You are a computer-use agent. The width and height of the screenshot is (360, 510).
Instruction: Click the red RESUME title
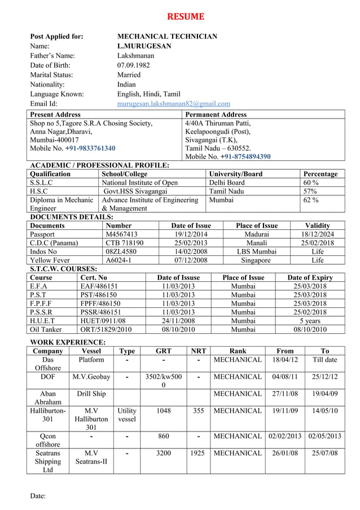tap(185, 16)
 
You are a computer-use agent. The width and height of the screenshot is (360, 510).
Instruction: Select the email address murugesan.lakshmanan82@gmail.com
tap(173, 104)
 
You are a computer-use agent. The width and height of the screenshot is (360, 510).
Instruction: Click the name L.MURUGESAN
tap(144, 46)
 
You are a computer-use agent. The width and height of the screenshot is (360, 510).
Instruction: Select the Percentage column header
tap(320, 174)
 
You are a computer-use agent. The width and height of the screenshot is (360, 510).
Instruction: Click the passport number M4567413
tap(122, 234)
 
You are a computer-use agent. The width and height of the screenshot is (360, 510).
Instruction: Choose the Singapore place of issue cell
tap(257, 260)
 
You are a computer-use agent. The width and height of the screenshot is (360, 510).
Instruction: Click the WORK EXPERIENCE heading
tap(67, 342)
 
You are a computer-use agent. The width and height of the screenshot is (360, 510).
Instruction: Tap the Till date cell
tap(324, 359)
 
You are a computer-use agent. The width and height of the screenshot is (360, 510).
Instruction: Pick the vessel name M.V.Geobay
tap(91, 377)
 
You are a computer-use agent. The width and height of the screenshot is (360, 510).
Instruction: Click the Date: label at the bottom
tap(38, 496)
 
